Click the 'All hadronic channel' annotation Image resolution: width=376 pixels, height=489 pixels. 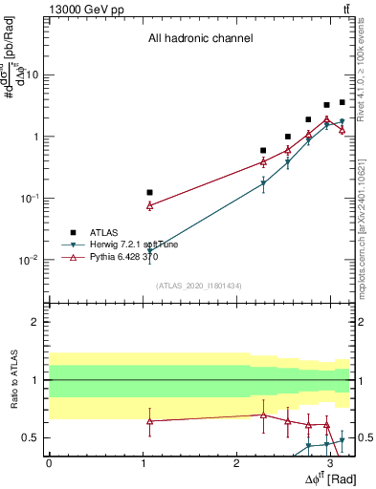point(200,39)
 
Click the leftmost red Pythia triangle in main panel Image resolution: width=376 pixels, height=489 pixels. point(149,205)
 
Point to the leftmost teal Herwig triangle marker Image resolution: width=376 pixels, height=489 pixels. point(149,250)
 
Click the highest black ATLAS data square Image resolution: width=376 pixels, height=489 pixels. point(342,102)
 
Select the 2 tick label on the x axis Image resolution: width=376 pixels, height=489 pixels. point(236,463)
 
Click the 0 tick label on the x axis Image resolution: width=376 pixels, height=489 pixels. point(49,463)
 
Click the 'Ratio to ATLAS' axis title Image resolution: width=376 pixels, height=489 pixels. point(13,381)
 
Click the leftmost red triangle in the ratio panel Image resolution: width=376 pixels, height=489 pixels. point(149,421)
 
